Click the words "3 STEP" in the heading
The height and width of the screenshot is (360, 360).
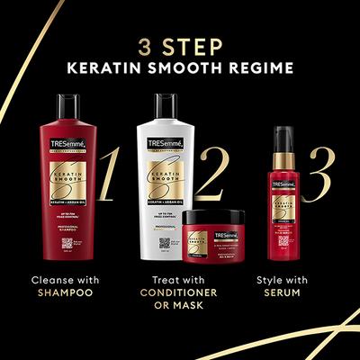180,44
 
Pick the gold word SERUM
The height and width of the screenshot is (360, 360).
294,292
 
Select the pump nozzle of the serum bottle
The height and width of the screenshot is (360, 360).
290,132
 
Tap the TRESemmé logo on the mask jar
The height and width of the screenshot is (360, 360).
208,237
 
